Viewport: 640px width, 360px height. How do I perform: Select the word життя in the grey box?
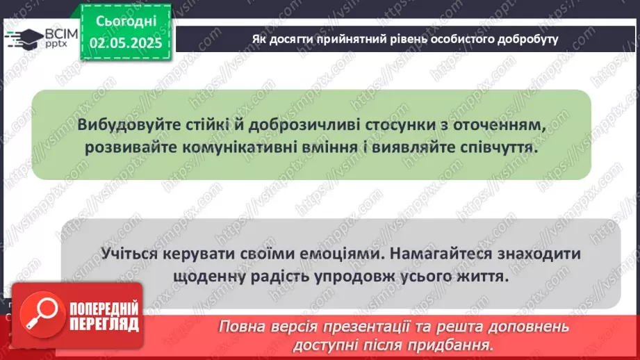(481, 276)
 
